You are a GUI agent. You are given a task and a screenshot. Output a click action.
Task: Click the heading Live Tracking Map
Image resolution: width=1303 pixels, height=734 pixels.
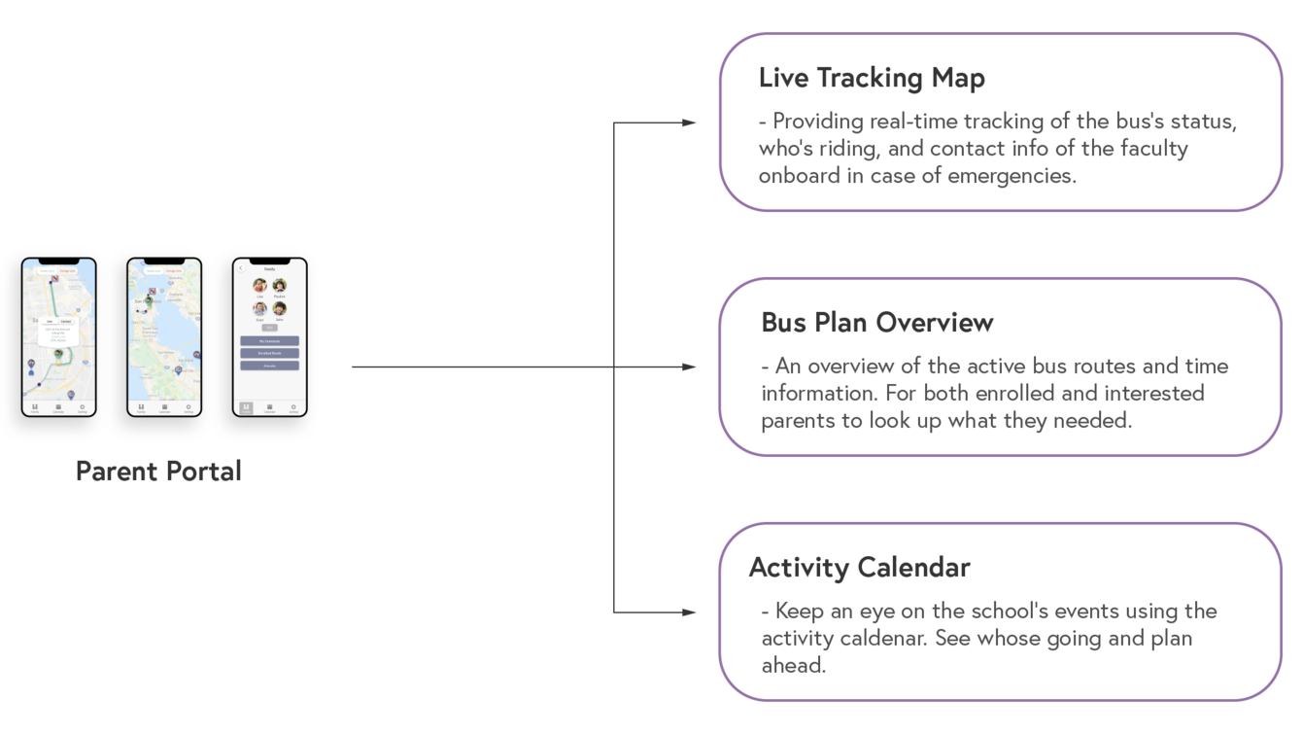click(x=872, y=78)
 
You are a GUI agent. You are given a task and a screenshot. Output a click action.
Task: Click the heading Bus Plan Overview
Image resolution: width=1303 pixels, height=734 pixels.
click(x=876, y=323)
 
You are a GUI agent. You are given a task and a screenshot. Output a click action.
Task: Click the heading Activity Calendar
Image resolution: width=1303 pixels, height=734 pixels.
click(x=859, y=568)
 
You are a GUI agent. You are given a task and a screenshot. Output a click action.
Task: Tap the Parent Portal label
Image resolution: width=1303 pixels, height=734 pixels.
click(x=158, y=472)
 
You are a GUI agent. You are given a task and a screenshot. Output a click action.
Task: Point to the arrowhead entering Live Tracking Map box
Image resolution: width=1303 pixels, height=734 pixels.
click(x=689, y=123)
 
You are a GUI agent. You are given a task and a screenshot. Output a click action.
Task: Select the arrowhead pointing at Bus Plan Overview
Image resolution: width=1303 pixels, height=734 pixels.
click(x=689, y=367)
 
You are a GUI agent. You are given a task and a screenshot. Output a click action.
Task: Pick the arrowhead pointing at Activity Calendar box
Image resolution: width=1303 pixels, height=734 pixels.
click(x=689, y=612)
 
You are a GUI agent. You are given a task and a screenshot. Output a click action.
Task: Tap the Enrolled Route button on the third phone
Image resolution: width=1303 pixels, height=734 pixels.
click(x=269, y=354)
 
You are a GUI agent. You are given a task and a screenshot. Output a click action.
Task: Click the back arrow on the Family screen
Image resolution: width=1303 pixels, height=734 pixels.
click(x=242, y=269)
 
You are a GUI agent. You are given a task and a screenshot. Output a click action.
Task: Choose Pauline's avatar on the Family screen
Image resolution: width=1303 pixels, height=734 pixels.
click(x=280, y=286)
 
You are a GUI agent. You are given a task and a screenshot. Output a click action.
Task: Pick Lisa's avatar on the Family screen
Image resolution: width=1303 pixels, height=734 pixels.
click(x=259, y=286)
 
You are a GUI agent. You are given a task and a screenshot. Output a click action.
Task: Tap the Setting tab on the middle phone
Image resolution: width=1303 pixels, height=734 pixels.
click(x=188, y=407)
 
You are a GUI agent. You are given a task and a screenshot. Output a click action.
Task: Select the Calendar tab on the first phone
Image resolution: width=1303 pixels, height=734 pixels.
click(x=58, y=407)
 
